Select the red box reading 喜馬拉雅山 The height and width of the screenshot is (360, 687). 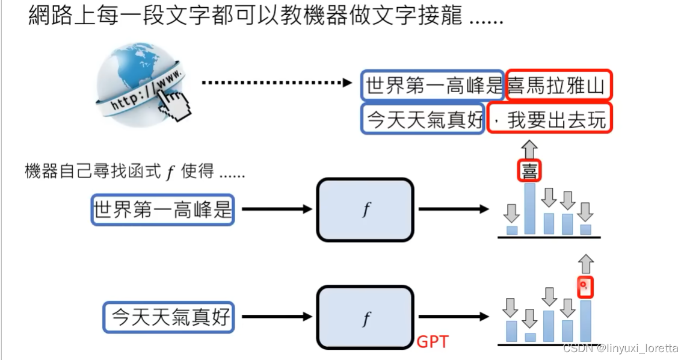[x=558, y=85]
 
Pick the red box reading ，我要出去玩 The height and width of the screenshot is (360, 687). [x=549, y=119]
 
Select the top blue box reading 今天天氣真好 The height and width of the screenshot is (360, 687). [x=424, y=119]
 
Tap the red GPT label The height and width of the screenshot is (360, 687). [x=432, y=342]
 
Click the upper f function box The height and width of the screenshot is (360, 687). [x=365, y=209]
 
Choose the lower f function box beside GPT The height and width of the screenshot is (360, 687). [x=365, y=317]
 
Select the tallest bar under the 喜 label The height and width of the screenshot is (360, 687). [x=529, y=209]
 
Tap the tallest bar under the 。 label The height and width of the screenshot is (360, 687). [x=585, y=321]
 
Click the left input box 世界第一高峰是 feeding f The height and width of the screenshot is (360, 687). [x=162, y=209]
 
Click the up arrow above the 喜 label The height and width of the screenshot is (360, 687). [x=529, y=148]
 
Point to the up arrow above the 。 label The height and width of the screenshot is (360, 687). [x=585, y=264]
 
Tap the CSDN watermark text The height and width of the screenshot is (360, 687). [x=620, y=349]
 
